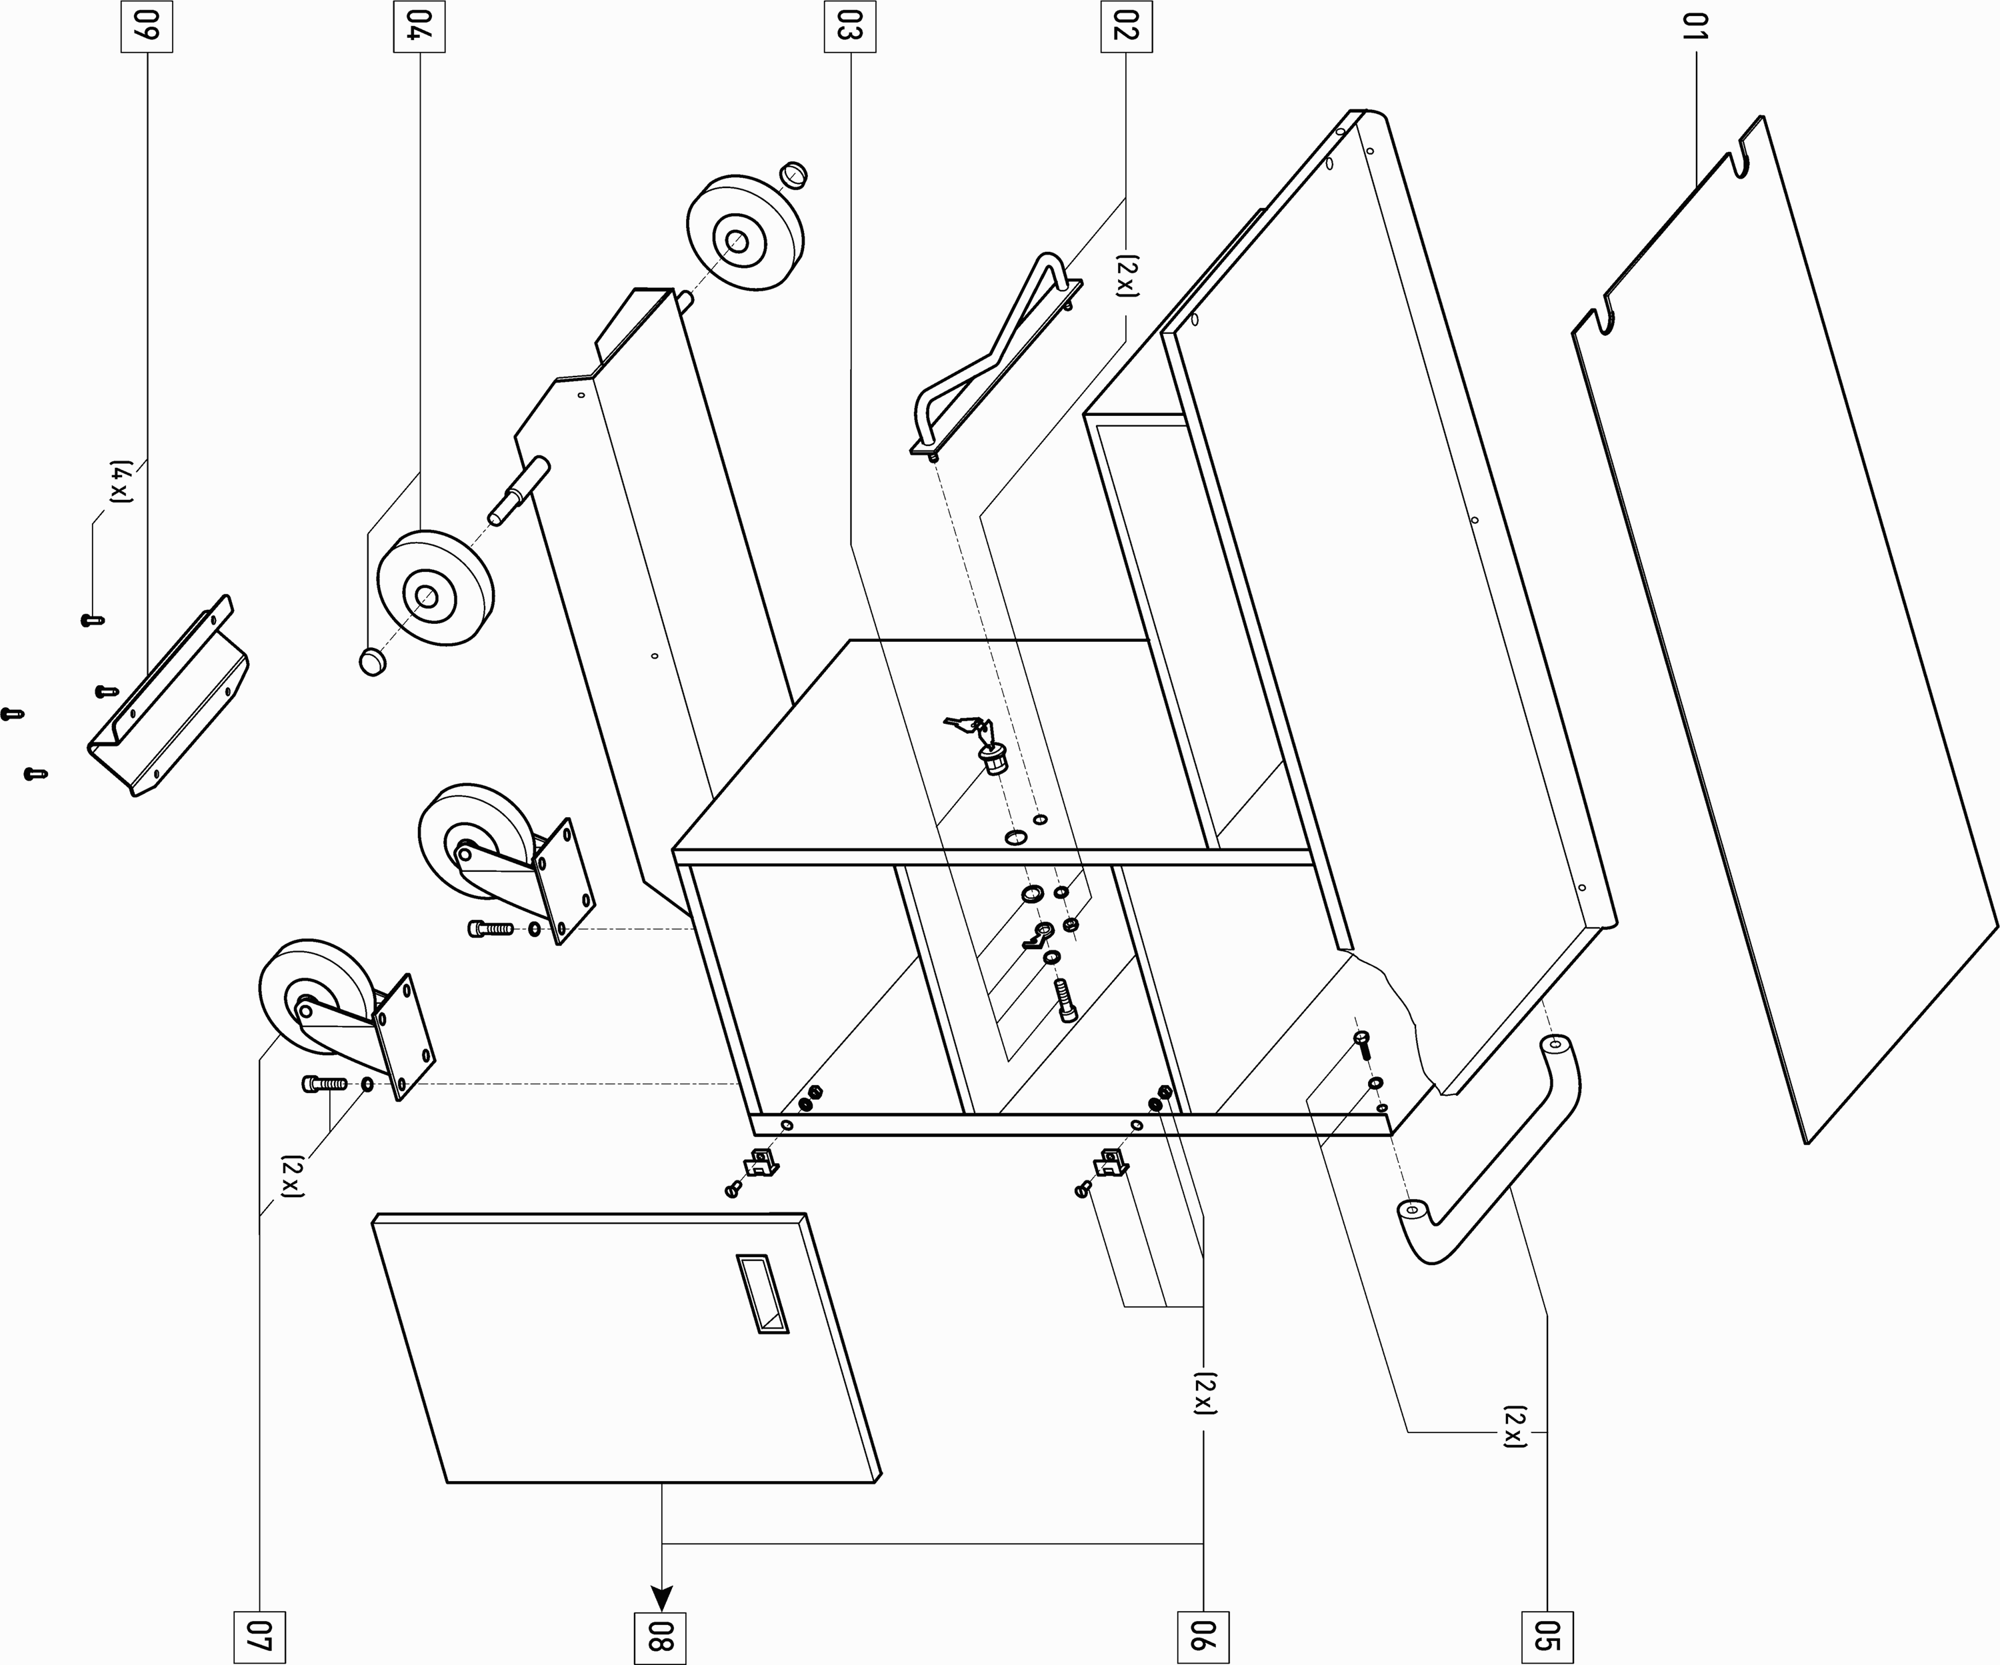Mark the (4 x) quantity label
pos(120,482)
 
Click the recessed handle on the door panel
pos(762,1294)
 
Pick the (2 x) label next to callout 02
pos(1127,276)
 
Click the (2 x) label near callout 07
pos(291,1176)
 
